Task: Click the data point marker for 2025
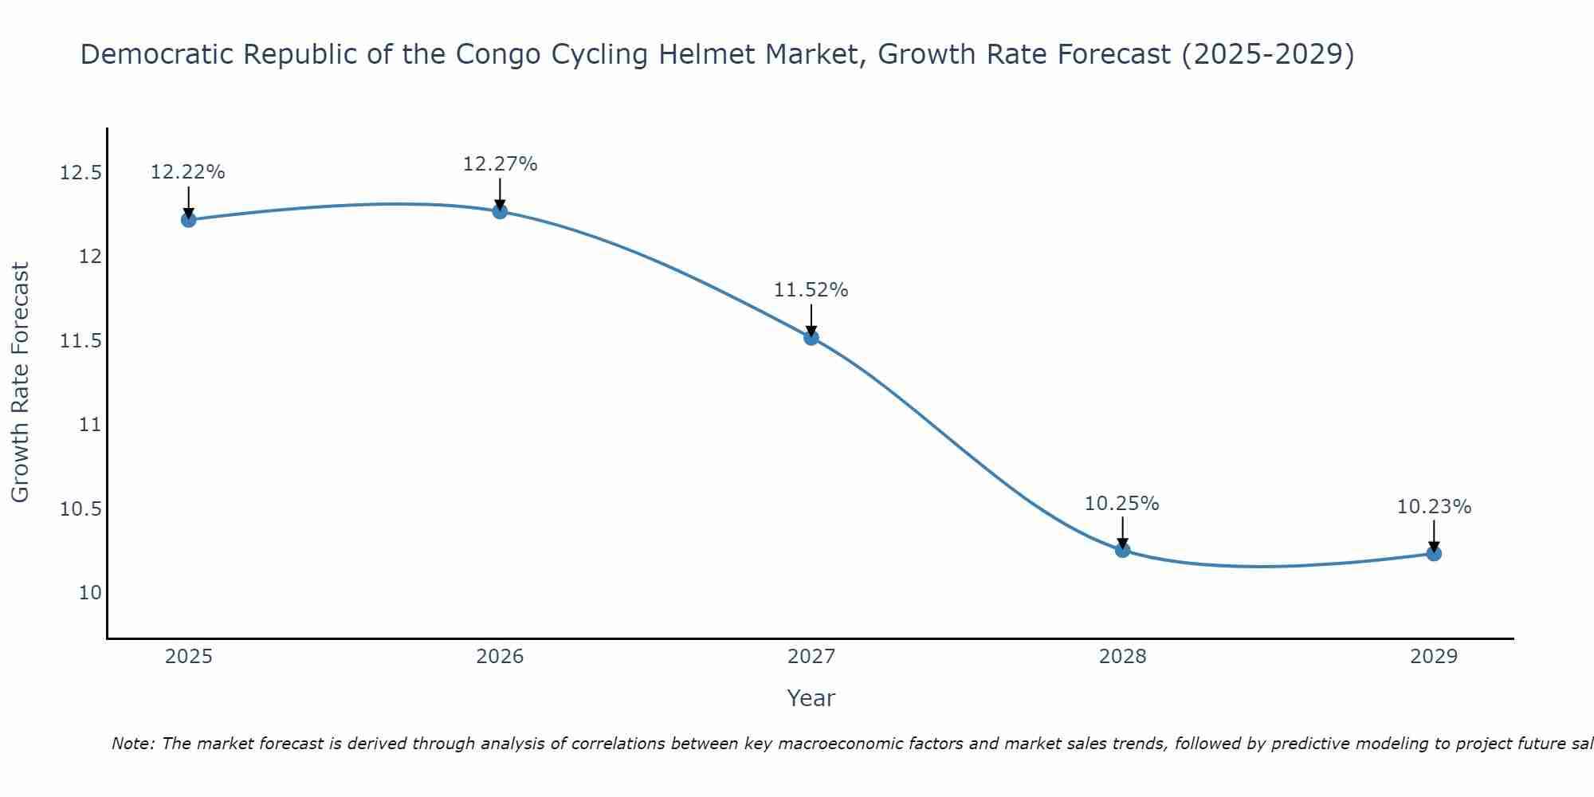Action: [x=189, y=220]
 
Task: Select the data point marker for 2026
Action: [x=500, y=211]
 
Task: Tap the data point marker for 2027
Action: [x=811, y=338]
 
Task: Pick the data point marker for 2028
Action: [x=1122, y=550]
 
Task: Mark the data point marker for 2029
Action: [x=1434, y=553]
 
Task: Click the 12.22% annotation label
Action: [x=188, y=172]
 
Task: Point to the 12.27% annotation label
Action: [x=500, y=164]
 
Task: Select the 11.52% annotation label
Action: [x=811, y=290]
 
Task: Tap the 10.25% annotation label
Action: [x=1122, y=504]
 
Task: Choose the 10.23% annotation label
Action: [x=1434, y=507]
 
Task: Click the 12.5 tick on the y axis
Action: [x=80, y=173]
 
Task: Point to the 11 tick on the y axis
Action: [x=90, y=425]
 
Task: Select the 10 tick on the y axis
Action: [x=90, y=593]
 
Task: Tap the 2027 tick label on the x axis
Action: [x=811, y=657]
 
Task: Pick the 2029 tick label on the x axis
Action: [x=1434, y=657]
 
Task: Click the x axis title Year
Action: [x=811, y=698]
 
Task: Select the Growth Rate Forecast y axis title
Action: [x=21, y=383]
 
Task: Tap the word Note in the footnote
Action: [x=133, y=744]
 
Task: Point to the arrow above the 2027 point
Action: [x=811, y=320]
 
